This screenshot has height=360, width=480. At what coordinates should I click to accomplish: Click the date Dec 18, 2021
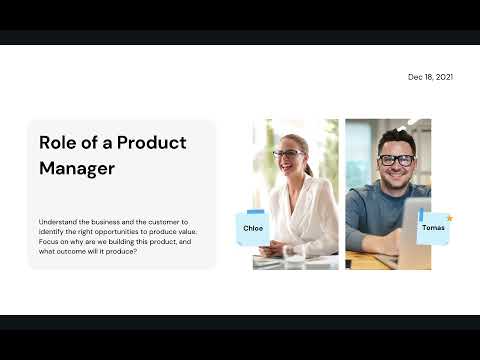(x=430, y=77)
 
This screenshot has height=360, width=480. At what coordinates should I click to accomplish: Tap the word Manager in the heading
(x=77, y=168)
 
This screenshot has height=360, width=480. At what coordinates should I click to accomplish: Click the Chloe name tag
(x=253, y=228)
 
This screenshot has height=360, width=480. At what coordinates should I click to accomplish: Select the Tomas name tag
(x=433, y=228)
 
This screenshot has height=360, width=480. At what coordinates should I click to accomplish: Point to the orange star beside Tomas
(x=450, y=217)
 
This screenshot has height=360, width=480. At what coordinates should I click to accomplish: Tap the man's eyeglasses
(x=397, y=160)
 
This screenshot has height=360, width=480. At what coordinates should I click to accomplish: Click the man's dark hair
(x=396, y=138)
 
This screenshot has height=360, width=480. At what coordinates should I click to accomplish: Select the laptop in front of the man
(x=415, y=235)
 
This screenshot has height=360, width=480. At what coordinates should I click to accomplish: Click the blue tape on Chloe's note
(x=254, y=213)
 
